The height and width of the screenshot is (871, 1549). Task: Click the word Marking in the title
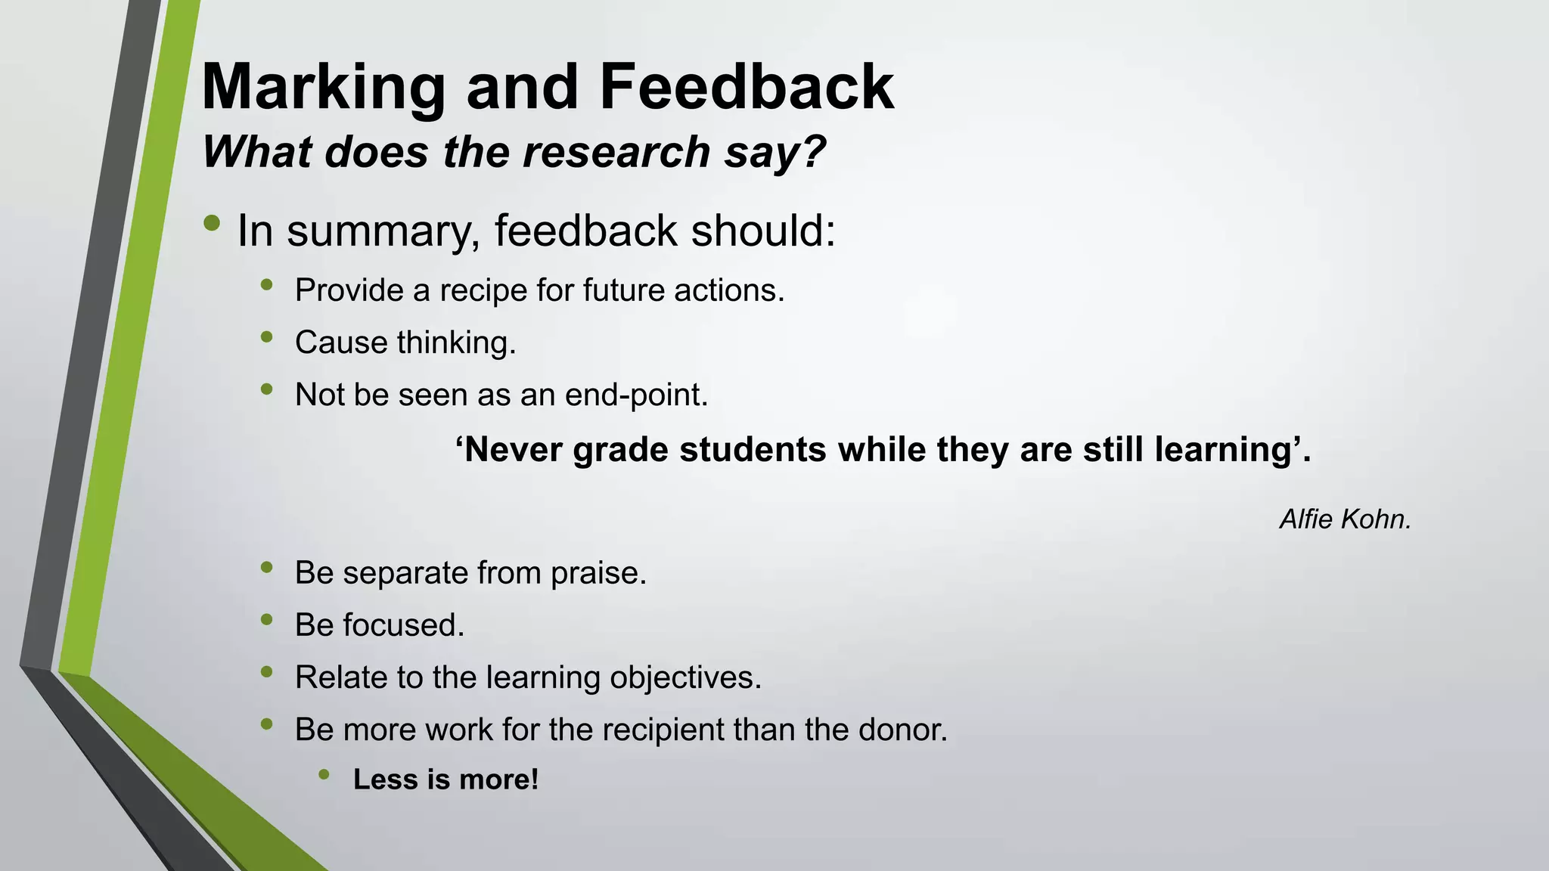pos(324,88)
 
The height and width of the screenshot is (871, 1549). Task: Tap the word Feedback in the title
pos(747,87)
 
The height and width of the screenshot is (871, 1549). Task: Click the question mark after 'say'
pos(813,152)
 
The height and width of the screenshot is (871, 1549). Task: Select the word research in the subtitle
pos(616,152)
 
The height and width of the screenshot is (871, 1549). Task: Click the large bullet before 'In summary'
pos(212,223)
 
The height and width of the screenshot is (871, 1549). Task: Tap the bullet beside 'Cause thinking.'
pos(265,337)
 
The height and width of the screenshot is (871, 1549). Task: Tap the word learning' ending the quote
pos(1229,450)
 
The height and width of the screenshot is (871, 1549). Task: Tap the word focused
pos(403,625)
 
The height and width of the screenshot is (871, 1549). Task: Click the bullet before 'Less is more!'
pos(324,773)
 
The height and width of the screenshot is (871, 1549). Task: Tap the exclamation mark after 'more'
pos(534,780)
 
